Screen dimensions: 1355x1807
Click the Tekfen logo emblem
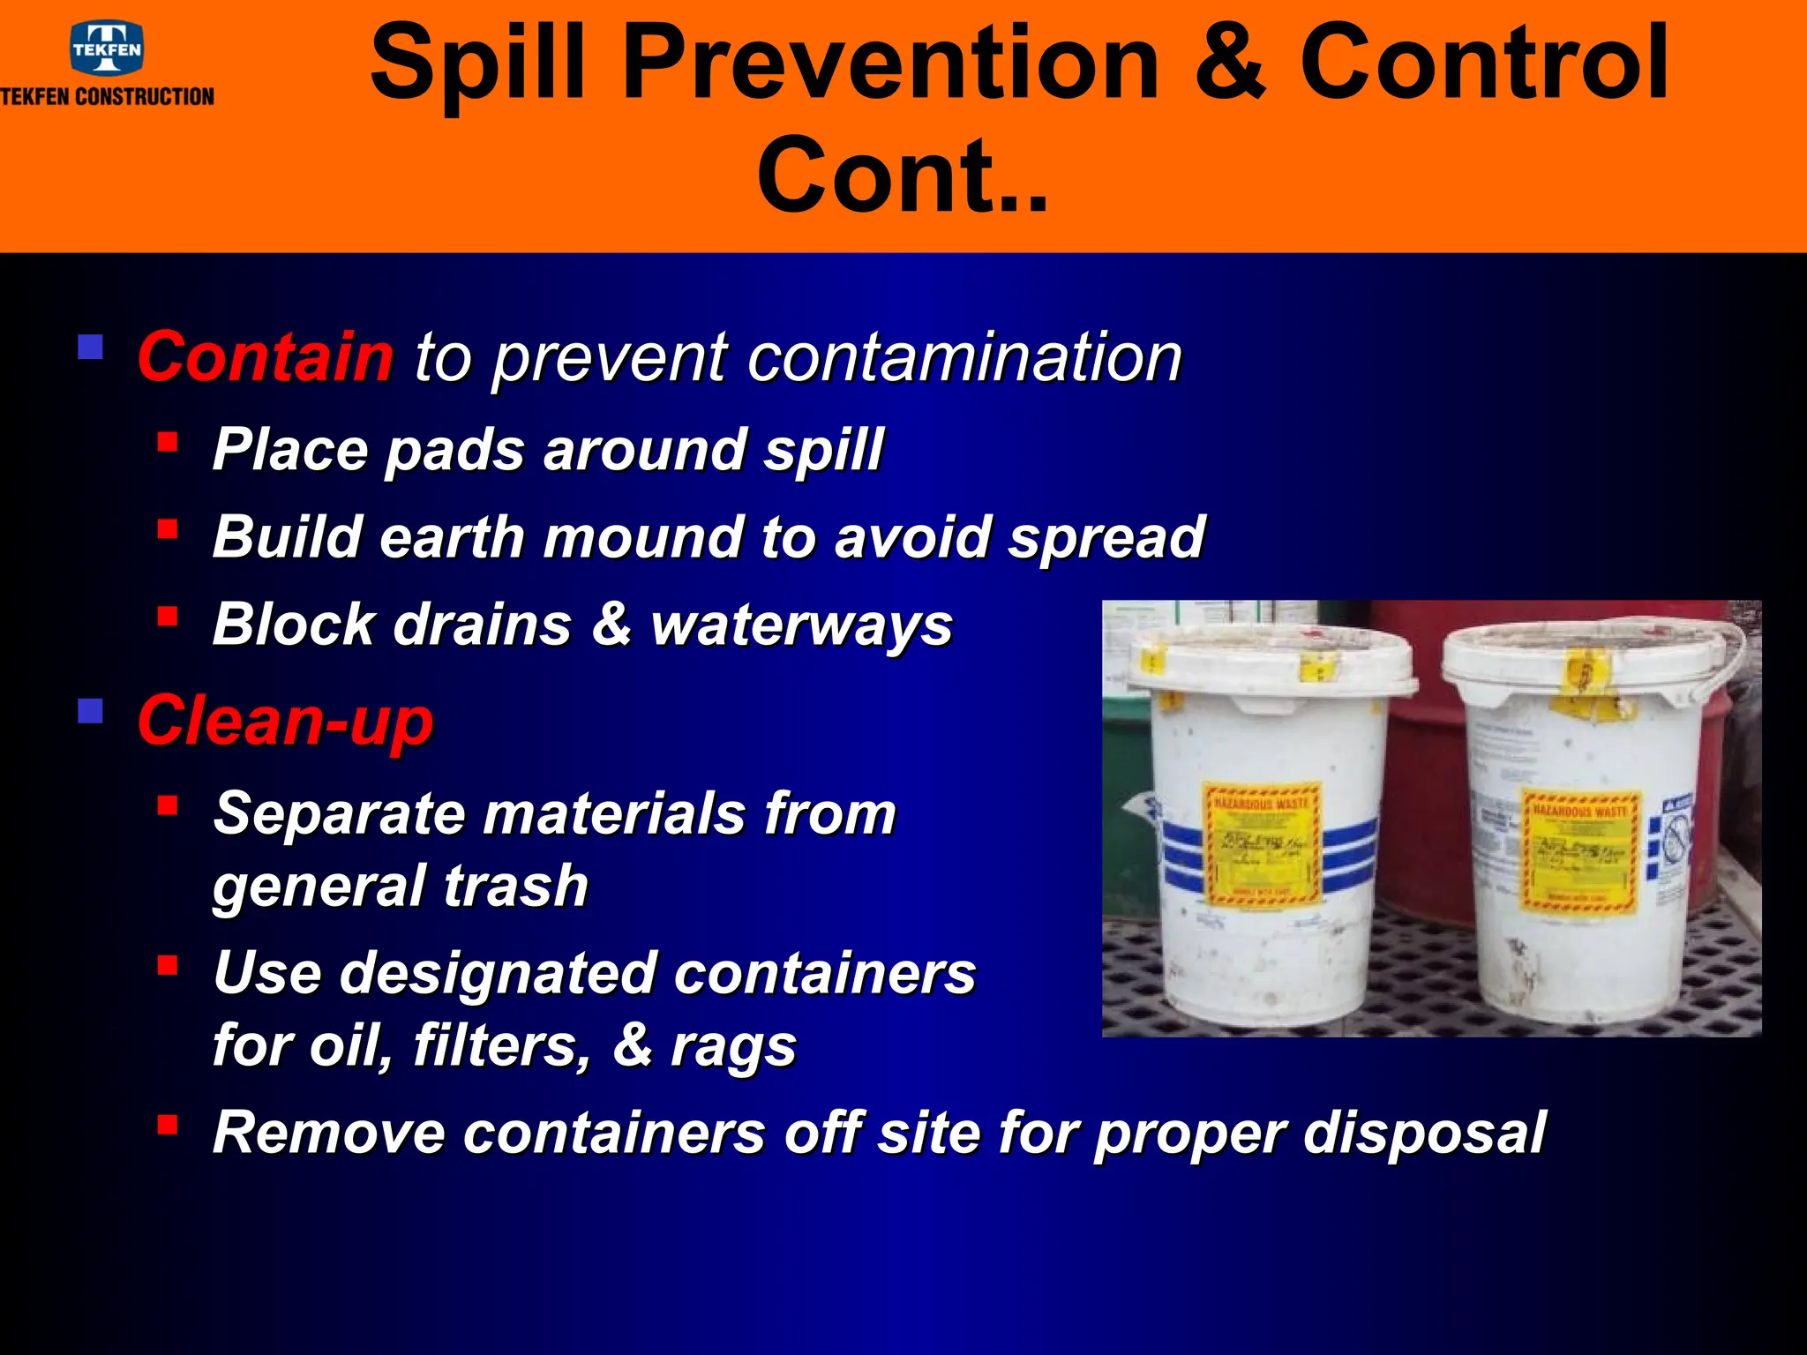(107, 49)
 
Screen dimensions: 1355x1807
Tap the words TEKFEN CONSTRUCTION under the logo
(107, 97)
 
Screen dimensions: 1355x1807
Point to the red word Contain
(265, 357)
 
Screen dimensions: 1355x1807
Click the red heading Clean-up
(285, 721)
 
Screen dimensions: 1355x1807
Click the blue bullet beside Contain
(90, 347)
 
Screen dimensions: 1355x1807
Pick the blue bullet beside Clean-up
(90, 711)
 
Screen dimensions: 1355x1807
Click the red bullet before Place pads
(168, 441)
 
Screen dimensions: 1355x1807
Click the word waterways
(801, 625)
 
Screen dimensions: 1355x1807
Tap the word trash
(516, 886)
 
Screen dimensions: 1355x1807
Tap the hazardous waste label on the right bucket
(1580, 850)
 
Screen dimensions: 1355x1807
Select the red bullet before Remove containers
(168, 1125)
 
